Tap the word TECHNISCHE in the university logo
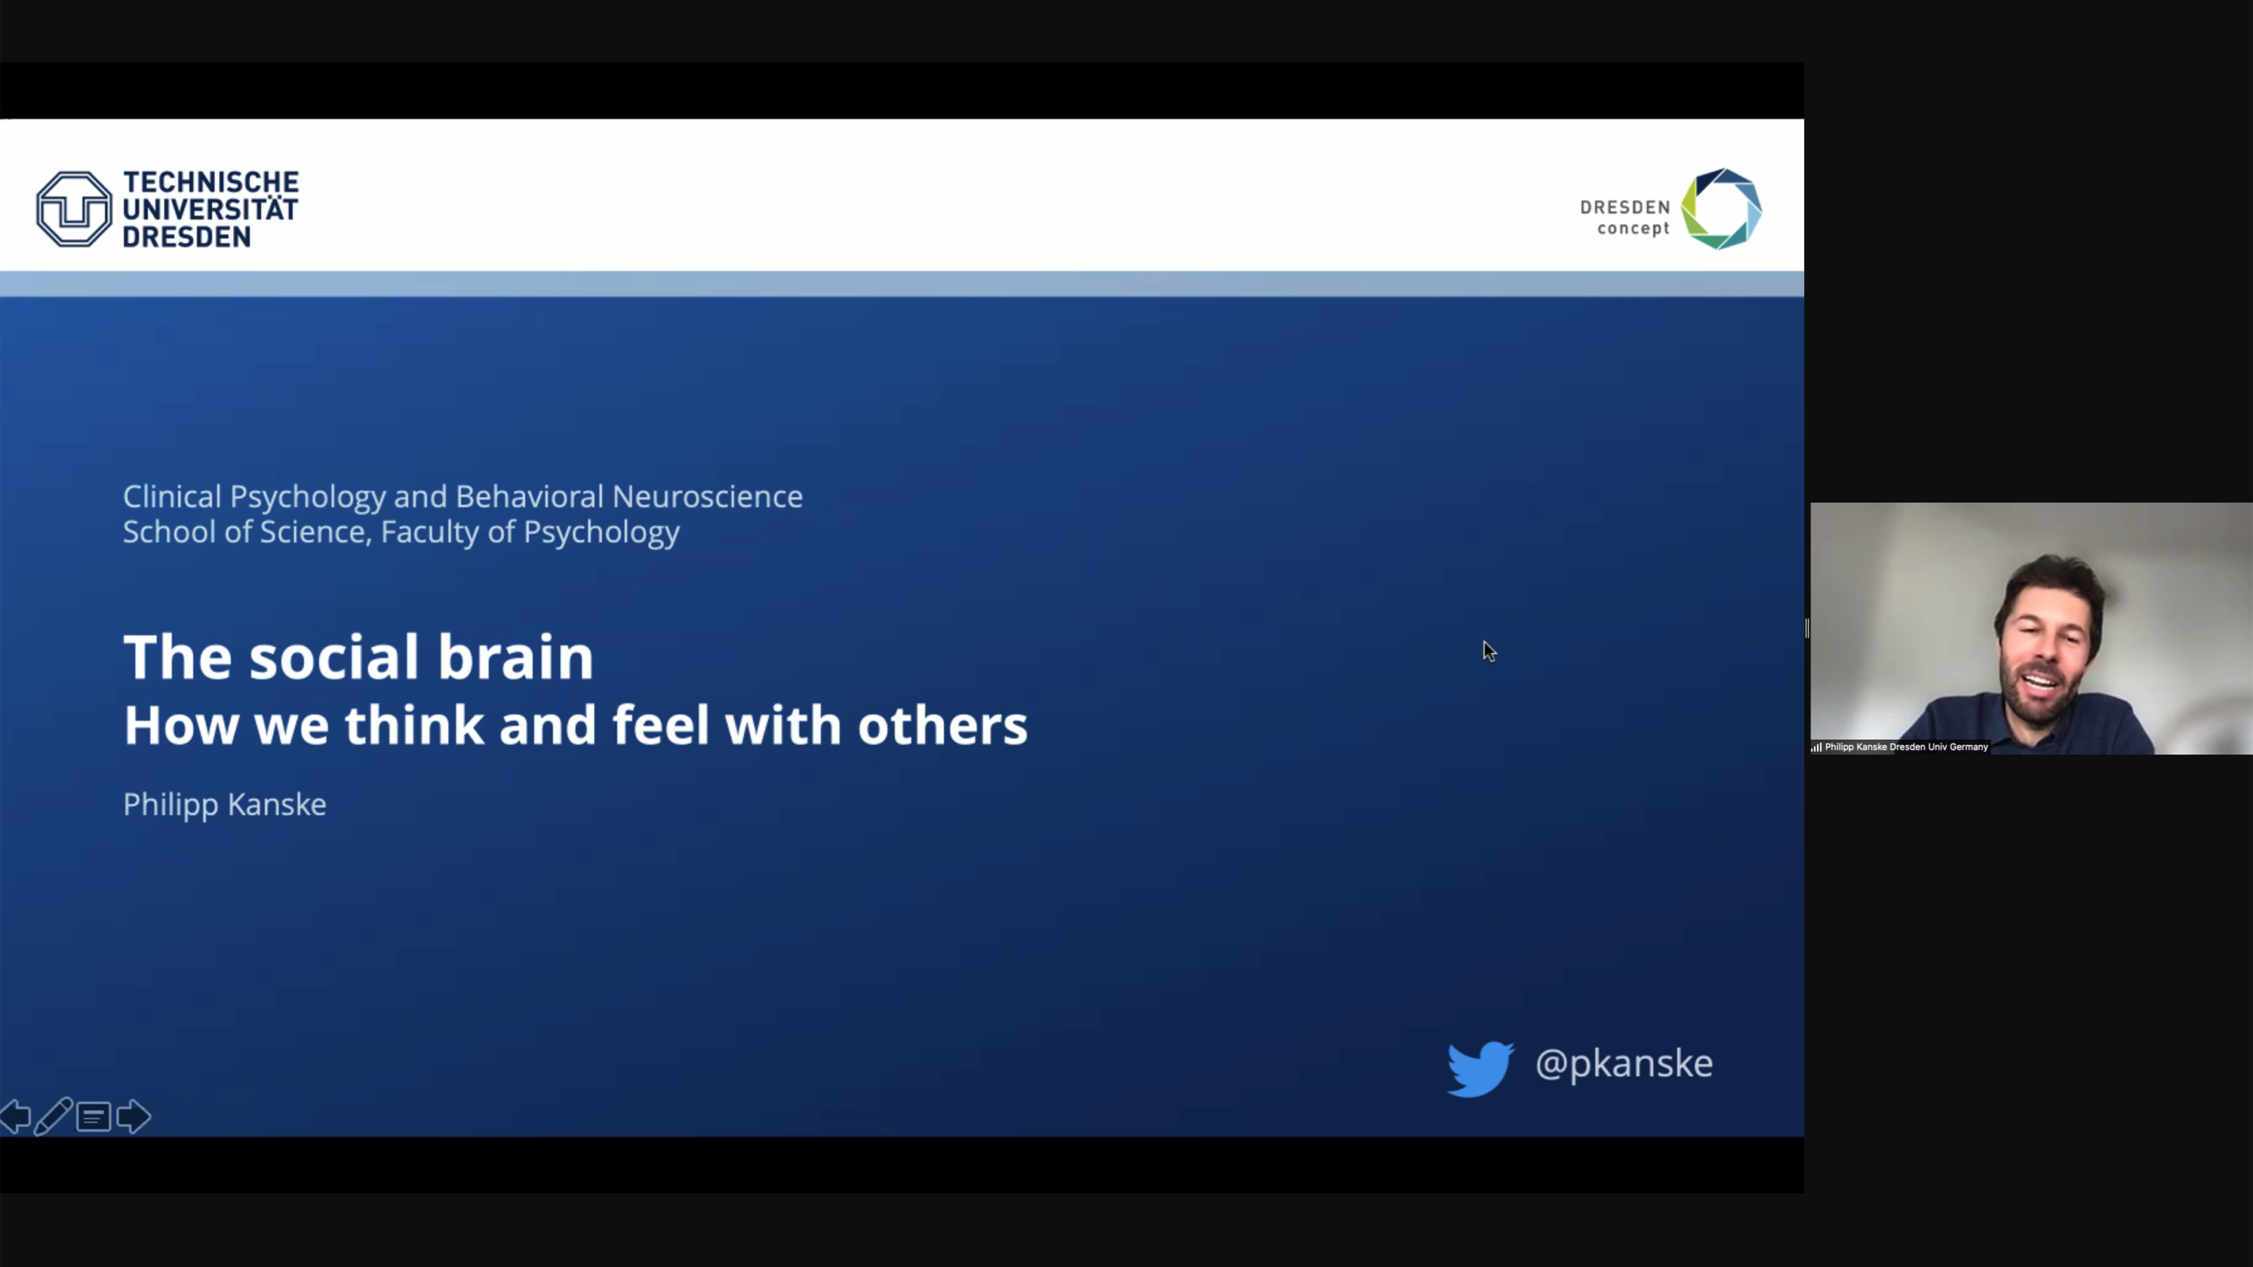[211, 182]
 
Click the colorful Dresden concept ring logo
[1721, 209]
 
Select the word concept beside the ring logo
[1633, 229]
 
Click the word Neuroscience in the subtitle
[707, 497]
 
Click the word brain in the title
[515, 657]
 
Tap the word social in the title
[336, 657]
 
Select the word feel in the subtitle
[660, 725]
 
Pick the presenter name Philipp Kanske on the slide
[225, 805]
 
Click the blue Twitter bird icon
[1480, 1068]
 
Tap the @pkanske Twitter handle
[1623, 1064]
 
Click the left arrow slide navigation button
[16, 1117]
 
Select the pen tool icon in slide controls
[54, 1117]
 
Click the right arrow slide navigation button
[134, 1117]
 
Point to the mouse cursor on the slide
[1489, 652]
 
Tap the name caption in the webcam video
[1906, 747]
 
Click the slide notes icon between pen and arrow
[94, 1117]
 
